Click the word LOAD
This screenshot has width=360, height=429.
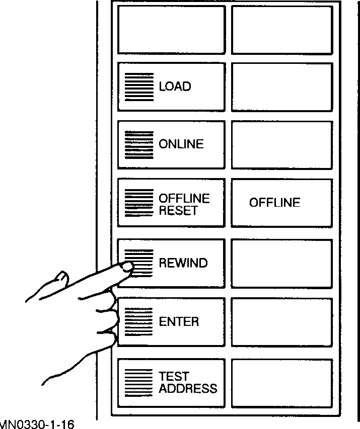click(175, 87)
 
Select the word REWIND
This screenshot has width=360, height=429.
click(183, 263)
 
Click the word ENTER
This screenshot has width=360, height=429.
click(179, 321)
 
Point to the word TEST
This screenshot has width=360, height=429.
click(174, 376)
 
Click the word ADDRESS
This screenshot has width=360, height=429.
click(188, 388)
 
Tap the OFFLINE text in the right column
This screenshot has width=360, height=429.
click(274, 203)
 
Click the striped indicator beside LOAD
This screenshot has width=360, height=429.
click(139, 87)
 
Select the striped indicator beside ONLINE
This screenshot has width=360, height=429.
click(139, 145)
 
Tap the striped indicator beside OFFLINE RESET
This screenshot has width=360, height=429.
click(139, 203)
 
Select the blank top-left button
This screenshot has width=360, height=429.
click(171, 29)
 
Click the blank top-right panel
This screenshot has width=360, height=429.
click(282, 29)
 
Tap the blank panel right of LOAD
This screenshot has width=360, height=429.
click(282, 87)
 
